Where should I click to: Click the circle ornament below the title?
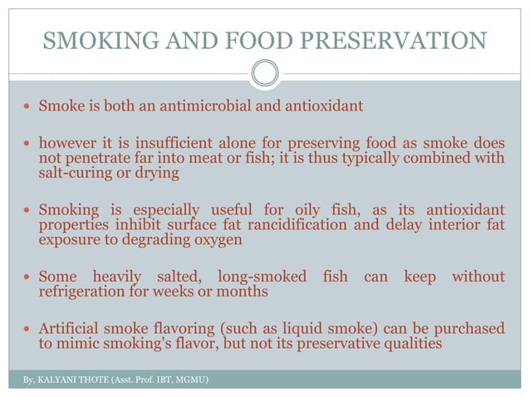(265, 74)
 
